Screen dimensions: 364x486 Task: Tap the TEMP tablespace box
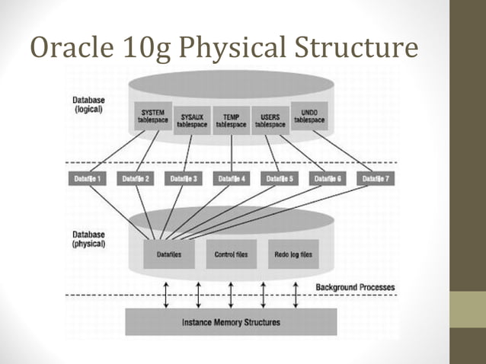coord(231,120)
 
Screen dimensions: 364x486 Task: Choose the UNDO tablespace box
coord(309,116)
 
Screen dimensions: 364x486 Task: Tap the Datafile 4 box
coord(232,179)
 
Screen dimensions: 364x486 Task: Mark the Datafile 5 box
coord(280,179)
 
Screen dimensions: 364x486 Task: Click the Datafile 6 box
coord(327,179)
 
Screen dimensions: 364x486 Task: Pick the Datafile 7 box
coord(373,179)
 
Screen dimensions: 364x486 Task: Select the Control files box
coord(231,254)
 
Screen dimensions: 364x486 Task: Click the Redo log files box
coord(293,254)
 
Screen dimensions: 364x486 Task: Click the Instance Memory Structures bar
coord(231,322)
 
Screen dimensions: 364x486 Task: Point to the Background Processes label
coord(355,287)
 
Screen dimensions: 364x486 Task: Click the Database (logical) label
coord(88,104)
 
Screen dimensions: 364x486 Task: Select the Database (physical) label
coord(88,240)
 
